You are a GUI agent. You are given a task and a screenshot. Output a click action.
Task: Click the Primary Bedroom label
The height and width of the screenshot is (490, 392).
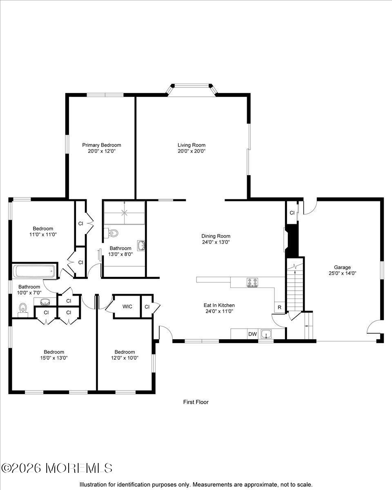[102, 145]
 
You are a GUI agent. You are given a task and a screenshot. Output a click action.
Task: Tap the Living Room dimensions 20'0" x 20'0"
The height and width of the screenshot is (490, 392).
[192, 151]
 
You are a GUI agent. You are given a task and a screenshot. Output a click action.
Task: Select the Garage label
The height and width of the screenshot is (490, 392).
[342, 267]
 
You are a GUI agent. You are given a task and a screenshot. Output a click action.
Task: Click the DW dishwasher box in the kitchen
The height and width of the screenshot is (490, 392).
[252, 334]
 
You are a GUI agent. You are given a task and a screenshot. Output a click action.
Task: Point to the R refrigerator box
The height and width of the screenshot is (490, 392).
[279, 307]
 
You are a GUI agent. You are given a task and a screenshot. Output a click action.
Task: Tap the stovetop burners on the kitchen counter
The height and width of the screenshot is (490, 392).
[253, 282]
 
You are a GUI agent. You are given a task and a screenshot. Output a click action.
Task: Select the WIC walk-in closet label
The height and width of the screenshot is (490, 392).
[127, 307]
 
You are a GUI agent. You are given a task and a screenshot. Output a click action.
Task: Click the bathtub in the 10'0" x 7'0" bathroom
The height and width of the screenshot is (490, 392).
[34, 271]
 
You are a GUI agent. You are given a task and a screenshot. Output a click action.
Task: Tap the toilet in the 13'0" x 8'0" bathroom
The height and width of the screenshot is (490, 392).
[111, 233]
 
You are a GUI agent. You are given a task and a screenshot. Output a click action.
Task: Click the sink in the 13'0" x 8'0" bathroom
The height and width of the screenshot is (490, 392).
[141, 246]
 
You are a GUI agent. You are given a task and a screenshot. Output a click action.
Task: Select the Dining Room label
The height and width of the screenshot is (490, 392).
[216, 236]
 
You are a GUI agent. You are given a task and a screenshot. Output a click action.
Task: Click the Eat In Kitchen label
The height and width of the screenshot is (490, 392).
[219, 305]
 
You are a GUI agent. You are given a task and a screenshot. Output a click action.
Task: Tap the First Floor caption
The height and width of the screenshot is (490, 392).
[196, 402]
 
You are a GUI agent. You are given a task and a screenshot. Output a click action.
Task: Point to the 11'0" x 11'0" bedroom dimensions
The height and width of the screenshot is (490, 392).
[43, 234]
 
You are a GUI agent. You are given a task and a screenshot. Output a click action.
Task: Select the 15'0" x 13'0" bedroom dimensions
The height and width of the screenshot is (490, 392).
[54, 358]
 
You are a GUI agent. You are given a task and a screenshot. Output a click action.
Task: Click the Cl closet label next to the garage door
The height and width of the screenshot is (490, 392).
[292, 213]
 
